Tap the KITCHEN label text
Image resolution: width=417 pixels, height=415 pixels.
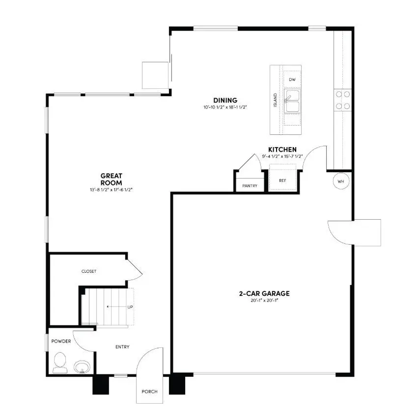pyautogui.click(x=282, y=150)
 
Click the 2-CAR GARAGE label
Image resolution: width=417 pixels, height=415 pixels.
pyautogui.click(x=264, y=294)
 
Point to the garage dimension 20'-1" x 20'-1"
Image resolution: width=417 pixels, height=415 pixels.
pyautogui.click(x=264, y=301)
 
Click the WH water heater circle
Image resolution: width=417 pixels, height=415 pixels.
pyautogui.click(x=341, y=181)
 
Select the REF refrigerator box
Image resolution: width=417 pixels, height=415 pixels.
pyautogui.click(x=282, y=180)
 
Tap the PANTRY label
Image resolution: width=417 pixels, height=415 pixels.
pyautogui.click(x=250, y=186)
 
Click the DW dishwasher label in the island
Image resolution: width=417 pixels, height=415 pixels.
pyautogui.click(x=292, y=79)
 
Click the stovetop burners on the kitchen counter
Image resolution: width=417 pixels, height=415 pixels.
pyautogui.click(x=342, y=100)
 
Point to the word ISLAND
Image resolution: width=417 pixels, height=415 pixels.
pyautogui.click(x=275, y=100)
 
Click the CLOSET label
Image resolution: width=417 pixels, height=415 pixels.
pyautogui.click(x=89, y=271)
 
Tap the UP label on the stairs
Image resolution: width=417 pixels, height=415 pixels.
pyautogui.click(x=130, y=307)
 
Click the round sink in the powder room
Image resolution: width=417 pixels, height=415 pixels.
pyautogui.click(x=82, y=366)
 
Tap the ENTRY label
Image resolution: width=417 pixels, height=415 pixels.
pyautogui.click(x=122, y=347)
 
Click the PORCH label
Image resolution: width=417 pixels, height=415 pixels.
pyautogui.click(x=149, y=391)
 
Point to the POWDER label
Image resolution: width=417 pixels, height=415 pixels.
pyautogui.click(x=61, y=341)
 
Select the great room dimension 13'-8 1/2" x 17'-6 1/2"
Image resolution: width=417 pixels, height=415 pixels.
pyautogui.click(x=111, y=189)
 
